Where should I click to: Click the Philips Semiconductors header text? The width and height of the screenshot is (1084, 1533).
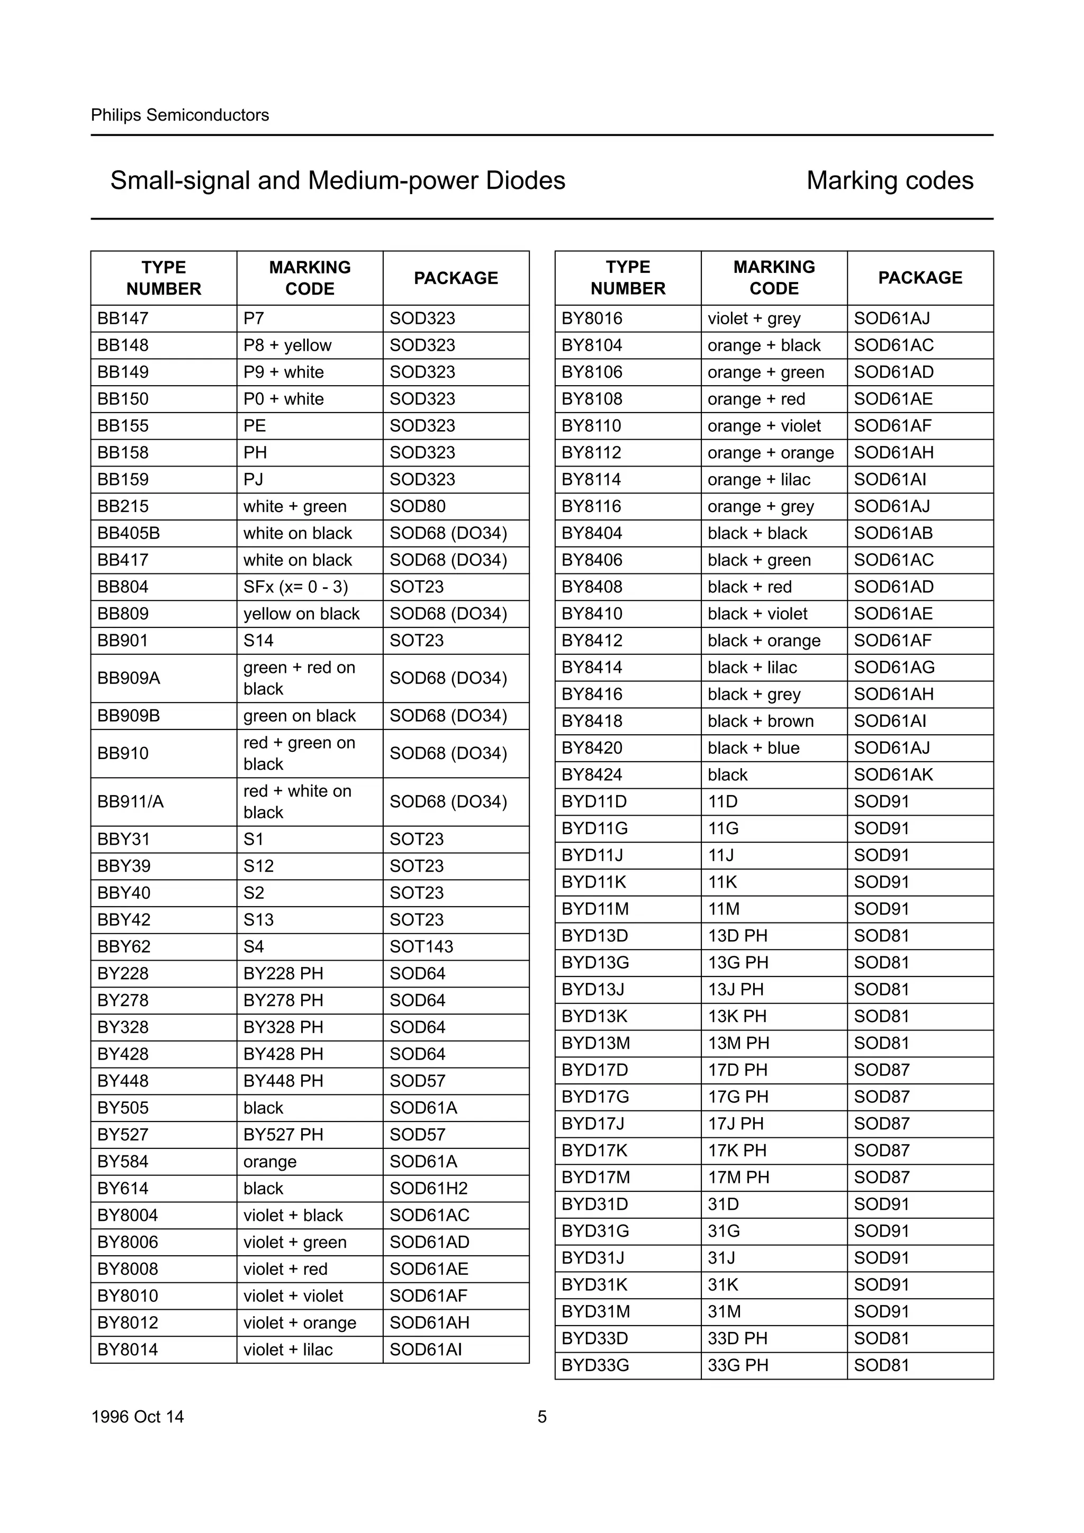pos(179,115)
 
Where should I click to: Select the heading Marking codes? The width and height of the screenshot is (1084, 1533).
pos(889,180)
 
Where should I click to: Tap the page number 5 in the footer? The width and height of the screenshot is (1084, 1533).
pos(541,1416)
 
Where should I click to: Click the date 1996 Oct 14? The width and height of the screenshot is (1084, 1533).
pos(138,1416)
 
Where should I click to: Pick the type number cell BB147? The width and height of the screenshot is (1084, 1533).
pos(123,318)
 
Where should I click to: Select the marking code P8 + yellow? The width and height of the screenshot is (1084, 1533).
pos(287,345)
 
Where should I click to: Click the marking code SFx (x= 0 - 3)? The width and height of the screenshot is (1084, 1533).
pos(295,587)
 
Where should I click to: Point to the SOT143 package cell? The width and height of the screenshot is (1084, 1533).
pos(421,946)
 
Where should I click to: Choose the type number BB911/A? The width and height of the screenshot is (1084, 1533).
pos(130,801)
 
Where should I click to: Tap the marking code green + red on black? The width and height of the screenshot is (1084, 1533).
pos(299,678)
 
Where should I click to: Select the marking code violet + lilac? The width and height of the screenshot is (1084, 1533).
pos(288,1349)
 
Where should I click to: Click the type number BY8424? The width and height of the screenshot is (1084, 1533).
pos(592,774)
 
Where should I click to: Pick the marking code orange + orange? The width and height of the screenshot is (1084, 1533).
pos(770,453)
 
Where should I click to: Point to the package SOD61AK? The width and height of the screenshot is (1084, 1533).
pos(893,774)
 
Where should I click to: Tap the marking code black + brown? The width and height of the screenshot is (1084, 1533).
pos(760,721)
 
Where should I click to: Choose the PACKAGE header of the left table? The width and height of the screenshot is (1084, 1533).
pos(456,278)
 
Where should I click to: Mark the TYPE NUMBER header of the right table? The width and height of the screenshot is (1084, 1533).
pos(627,278)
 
